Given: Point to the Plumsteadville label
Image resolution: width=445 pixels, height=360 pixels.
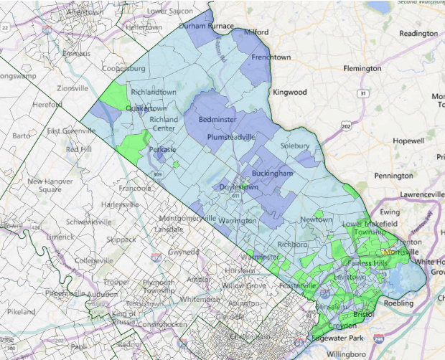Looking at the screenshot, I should coord(232,136).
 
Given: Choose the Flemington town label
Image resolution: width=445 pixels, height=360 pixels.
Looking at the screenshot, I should coord(362,69).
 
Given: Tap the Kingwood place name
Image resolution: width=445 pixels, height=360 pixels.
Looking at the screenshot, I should coord(289,93).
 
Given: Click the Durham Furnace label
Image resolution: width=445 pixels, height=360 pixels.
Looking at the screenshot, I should coord(206,26).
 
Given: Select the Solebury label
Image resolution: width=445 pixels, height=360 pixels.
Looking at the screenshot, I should coord(294,146).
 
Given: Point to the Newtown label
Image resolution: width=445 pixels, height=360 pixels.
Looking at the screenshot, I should coord(317,219).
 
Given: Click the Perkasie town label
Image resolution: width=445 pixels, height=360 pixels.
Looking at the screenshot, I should coord(162,150).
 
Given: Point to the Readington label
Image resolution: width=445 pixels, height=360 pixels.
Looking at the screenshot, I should coord(418,34).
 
